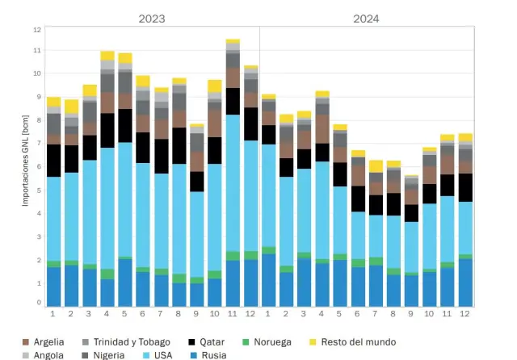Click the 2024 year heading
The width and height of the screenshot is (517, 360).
pyautogui.click(x=367, y=18)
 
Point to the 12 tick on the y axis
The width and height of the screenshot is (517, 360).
pyautogui.click(x=36, y=30)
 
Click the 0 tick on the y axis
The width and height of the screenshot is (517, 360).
pyautogui.click(x=37, y=303)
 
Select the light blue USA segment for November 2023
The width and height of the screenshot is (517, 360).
pyautogui.click(x=233, y=182)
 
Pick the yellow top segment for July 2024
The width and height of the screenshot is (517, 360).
pyautogui.click(x=376, y=166)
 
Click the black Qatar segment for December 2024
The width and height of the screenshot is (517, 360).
pyautogui.click(x=465, y=187)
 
